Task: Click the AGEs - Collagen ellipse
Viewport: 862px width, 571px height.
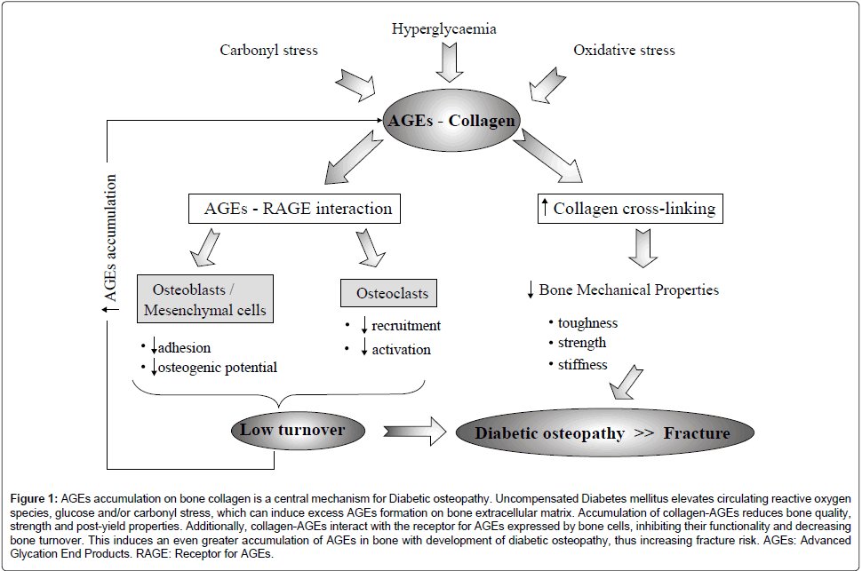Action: tap(451, 121)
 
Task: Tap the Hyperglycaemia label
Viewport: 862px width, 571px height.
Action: tap(444, 28)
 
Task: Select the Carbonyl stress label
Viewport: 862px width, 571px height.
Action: tap(269, 50)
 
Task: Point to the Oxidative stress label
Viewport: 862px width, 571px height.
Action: tap(624, 50)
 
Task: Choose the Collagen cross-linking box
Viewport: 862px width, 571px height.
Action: tap(630, 210)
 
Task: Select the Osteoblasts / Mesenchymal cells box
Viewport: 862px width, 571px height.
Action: tap(205, 300)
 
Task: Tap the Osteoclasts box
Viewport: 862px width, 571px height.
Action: tap(389, 293)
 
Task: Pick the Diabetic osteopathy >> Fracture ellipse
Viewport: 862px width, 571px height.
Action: tap(603, 433)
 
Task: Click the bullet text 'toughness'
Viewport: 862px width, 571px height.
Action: tap(587, 322)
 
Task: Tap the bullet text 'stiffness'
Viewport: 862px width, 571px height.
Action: tap(582, 364)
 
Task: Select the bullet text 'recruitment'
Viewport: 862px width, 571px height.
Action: tap(405, 326)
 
